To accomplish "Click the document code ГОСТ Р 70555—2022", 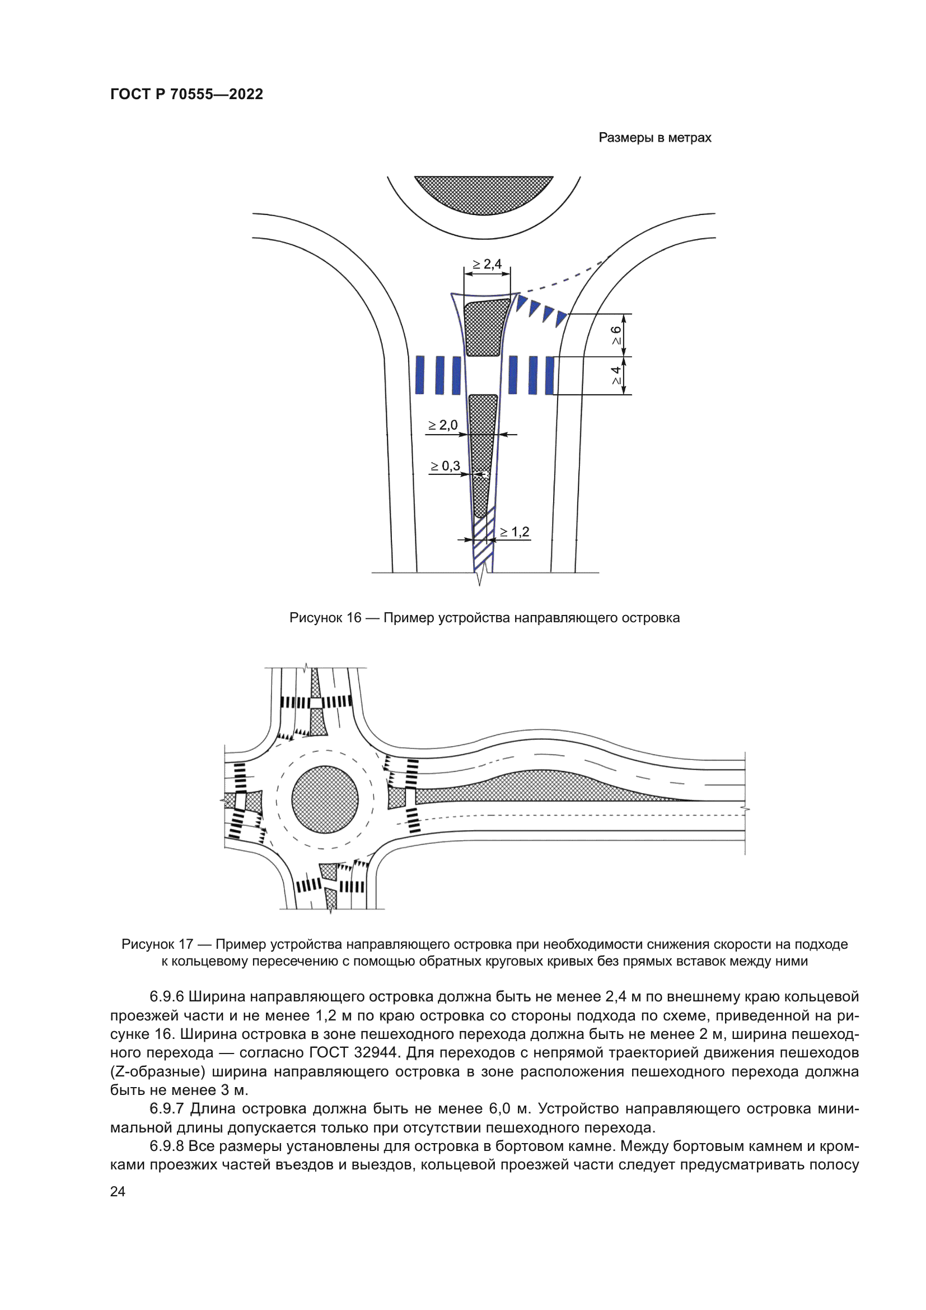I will pyautogui.click(x=186, y=94).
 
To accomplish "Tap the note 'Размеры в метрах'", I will pyautogui.click(x=654, y=138).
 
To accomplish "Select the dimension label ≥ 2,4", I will pyautogui.click(x=487, y=264).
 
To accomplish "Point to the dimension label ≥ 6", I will pyautogui.click(x=616, y=335).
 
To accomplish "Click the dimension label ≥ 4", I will pyautogui.click(x=616, y=375).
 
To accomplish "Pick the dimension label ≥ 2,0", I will pyautogui.click(x=443, y=425).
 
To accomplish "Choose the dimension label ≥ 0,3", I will pyautogui.click(x=445, y=466).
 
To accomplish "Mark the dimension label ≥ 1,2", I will pyautogui.click(x=515, y=532).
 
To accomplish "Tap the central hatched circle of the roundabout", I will pyautogui.click(x=325, y=799).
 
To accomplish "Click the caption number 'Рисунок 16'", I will pyautogui.click(x=325, y=618).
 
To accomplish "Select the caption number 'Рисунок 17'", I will pyautogui.click(x=157, y=944).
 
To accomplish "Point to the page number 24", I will pyautogui.click(x=118, y=1191).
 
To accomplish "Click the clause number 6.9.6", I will pyautogui.click(x=166, y=997).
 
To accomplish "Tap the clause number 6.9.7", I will pyautogui.click(x=166, y=1108).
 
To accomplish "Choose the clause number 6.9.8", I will pyautogui.click(x=166, y=1146).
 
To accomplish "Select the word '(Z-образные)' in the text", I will pyautogui.click(x=157, y=1071).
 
